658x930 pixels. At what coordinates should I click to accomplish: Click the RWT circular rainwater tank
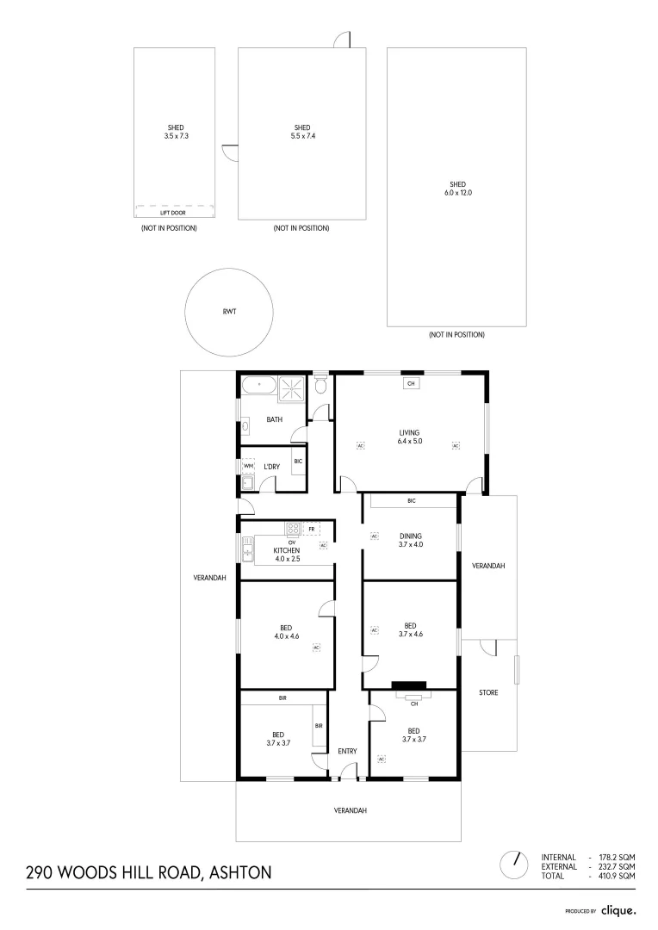click(230, 312)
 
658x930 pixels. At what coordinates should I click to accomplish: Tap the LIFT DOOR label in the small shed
click(173, 212)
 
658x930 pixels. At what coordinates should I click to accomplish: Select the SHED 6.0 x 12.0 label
click(457, 189)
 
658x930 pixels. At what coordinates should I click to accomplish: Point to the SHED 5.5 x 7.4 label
click(301, 132)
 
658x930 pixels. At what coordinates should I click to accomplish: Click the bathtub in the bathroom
click(258, 386)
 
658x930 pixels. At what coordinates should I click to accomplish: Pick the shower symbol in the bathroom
click(293, 388)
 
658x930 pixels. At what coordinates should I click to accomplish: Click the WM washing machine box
click(249, 466)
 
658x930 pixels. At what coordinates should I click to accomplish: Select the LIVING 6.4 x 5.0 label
click(408, 437)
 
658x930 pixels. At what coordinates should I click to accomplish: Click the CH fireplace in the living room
click(411, 384)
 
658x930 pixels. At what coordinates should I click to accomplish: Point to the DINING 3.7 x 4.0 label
click(410, 540)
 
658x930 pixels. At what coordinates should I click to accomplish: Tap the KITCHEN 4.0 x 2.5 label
click(286, 555)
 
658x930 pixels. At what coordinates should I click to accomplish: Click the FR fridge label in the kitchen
click(311, 529)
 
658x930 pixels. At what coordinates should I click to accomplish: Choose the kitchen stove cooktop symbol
click(293, 529)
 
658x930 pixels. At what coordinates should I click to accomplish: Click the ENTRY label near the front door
click(347, 751)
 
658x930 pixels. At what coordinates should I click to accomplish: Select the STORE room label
click(488, 692)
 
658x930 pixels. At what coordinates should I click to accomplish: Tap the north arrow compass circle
click(513, 863)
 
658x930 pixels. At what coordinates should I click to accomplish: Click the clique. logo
click(618, 910)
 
